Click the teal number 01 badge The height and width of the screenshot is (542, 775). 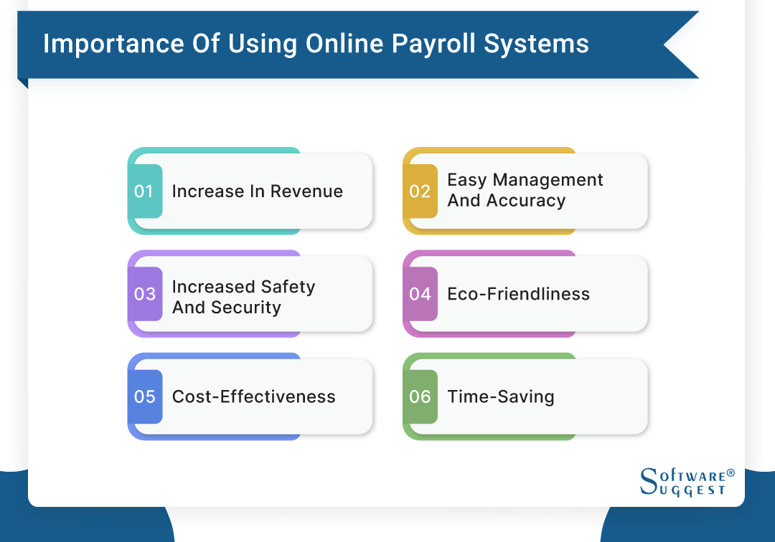click(145, 191)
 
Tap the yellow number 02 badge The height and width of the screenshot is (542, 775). click(420, 191)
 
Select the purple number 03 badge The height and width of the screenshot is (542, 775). click(145, 294)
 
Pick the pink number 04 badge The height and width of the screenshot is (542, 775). click(420, 294)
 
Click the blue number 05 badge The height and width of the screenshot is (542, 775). click(145, 396)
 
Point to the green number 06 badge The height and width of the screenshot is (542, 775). click(420, 396)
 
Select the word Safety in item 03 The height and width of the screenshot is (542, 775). click(287, 287)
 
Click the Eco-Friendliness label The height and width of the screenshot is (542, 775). click(518, 294)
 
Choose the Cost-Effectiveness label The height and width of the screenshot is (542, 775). click(253, 396)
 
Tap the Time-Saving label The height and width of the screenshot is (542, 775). click(500, 396)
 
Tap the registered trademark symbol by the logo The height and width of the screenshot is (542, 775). click(731, 473)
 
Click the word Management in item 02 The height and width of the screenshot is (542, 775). click(548, 180)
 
